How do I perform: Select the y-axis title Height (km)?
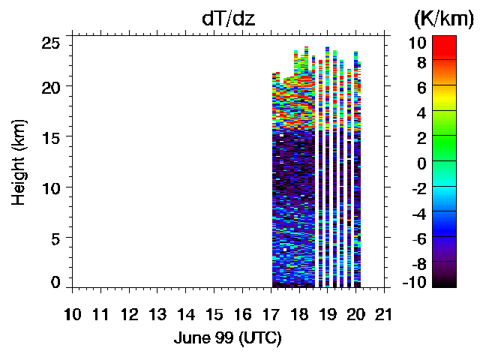point(19,162)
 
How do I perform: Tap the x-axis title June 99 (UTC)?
point(227,338)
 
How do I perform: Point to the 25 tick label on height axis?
point(50,43)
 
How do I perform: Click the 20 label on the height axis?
point(50,86)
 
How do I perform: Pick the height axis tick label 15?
point(50,136)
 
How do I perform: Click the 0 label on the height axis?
point(55,282)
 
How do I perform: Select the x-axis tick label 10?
point(73,313)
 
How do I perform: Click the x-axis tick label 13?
point(157,313)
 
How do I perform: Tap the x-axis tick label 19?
point(328,313)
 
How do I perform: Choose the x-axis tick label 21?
point(384,313)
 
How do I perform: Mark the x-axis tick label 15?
point(214,313)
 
